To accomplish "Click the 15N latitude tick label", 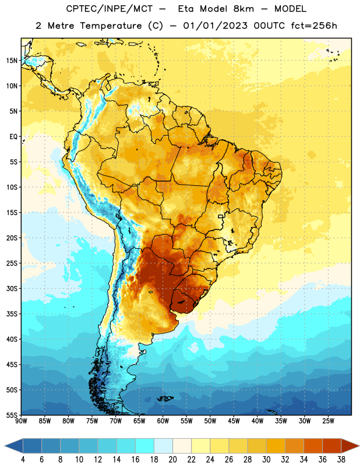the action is coord(12,61).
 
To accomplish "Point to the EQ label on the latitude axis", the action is coord(13,137).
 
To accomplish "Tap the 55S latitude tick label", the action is coord(12,415).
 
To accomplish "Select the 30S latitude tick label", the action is coord(12,288).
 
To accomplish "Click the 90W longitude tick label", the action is coord(21,421).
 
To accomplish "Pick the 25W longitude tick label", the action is coord(328,421).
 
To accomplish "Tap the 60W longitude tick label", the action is coord(163,421).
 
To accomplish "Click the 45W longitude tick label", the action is coord(234,421).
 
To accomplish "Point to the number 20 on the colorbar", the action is coord(172,460).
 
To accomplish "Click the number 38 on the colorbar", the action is coord(341,460).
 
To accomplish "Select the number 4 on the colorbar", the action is coord(23,460).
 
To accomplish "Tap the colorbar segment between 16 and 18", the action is coord(144,446).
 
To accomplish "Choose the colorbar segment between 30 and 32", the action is coord(276,446).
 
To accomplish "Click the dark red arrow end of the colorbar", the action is coord(350,446).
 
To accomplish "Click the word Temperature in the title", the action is coord(111,26).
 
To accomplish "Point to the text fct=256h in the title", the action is coord(314,26).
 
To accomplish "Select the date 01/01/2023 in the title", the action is coord(215,26).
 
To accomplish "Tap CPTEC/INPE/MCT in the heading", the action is coord(110,9).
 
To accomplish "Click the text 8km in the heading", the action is coord(243,9).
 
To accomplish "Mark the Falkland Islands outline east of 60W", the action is coord(165,398).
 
